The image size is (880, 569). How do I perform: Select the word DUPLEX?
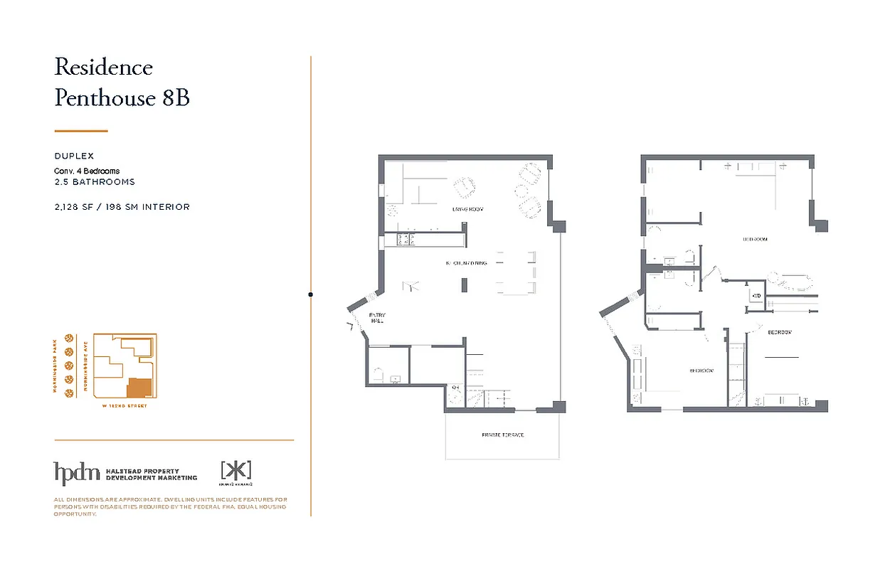(74, 156)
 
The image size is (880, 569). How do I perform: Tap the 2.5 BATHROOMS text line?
(95, 182)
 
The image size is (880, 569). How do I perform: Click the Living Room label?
(467, 209)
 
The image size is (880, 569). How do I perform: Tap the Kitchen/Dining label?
(467, 263)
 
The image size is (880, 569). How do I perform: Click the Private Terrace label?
(502, 435)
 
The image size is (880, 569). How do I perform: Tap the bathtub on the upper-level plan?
(792, 280)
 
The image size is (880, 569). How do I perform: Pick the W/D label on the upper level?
(756, 296)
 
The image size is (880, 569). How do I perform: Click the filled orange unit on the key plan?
(139, 388)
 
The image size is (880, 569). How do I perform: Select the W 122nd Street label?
(124, 406)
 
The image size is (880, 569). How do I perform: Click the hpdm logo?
(76, 473)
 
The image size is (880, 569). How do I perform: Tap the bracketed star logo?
(236, 470)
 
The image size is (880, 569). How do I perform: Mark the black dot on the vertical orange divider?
(310, 294)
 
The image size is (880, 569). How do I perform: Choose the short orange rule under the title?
(81, 131)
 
